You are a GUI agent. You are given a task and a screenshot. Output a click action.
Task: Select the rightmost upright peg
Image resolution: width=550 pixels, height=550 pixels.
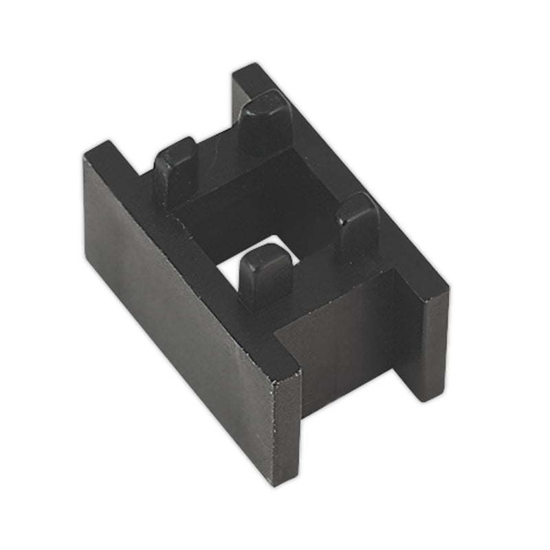point(357,223)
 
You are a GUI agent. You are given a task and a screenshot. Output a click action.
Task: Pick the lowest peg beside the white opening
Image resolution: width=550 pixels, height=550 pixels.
point(265,275)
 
